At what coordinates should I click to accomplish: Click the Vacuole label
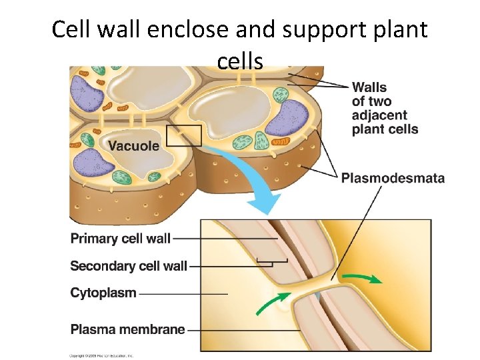[x=133, y=146]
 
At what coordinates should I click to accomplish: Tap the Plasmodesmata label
[x=393, y=178]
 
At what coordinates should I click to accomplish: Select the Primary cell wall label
[x=121, y=238]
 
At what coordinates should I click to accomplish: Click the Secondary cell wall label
[x=129, y=266]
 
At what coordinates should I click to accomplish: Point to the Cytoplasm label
[x=103, y=293]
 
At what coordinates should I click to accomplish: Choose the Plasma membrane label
[x=127, y=329]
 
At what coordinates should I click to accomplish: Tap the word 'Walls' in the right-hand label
[x=369, y=87]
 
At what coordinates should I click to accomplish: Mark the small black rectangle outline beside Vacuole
[x=183, y=135]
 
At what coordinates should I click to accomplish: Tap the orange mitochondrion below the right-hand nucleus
[x=281, y=142]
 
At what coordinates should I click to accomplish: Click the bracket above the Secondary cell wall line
[x=272, y=260]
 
